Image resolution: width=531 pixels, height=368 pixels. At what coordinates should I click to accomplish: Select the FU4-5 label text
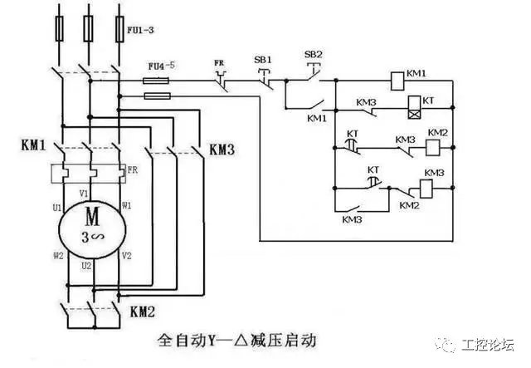[x=161, y=64]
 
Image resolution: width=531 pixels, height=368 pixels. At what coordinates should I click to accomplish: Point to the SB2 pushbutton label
[x=313, y=55]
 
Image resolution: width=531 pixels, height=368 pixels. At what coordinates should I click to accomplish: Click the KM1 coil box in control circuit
[x=397, y=80]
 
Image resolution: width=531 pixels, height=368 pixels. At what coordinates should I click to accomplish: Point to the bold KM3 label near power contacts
[x=222, y=150]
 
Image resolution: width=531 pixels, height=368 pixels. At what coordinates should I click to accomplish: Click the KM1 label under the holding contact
[x=317, y=118]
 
